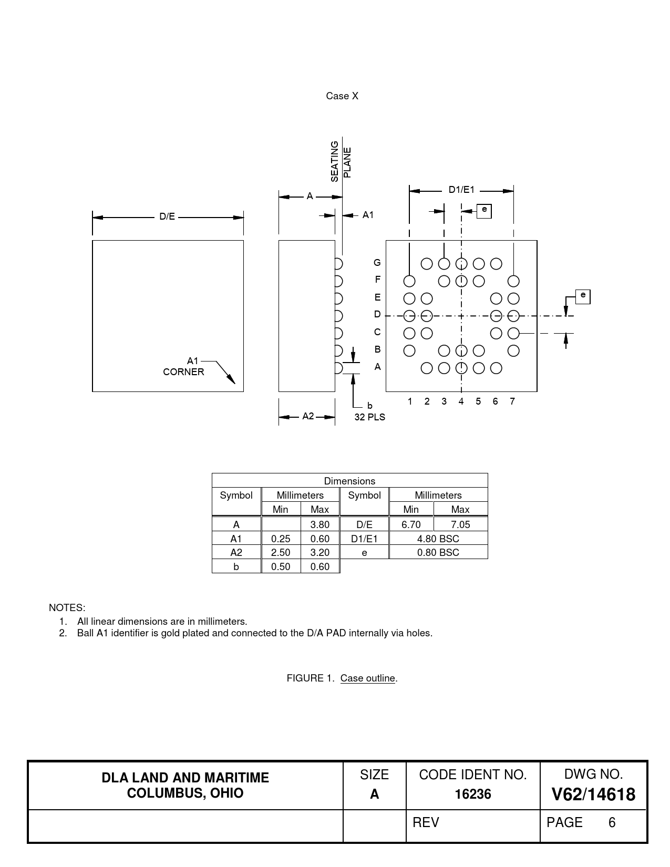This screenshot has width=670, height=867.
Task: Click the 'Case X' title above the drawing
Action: [342, 96]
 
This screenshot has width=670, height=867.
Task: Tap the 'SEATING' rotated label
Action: [335, 161]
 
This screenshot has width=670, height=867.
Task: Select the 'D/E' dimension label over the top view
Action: [167, 216]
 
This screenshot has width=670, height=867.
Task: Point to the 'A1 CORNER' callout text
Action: [184, 366]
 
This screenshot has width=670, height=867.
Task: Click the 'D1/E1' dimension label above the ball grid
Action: [461, 190]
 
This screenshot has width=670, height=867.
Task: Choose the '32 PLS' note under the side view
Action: [369, 417]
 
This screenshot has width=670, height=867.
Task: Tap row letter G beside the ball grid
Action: [377, 263]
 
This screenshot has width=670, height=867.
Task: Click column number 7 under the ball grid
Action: [512, 401]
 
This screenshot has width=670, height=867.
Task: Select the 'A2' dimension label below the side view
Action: [308, 416]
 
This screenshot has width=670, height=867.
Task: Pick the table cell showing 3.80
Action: [319, 524]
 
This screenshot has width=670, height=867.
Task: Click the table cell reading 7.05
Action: [460, 524]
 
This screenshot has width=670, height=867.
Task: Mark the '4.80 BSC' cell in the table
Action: [438, 539]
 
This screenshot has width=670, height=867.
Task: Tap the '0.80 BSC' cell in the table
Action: [438, 552]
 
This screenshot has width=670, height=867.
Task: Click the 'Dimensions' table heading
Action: [349, 481]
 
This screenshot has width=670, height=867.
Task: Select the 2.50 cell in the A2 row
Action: [281, 552]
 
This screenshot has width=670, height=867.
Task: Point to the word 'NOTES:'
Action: [67, 607]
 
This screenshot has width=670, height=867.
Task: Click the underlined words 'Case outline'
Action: [367, 678]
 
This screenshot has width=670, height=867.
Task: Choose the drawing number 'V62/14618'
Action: [593, 794]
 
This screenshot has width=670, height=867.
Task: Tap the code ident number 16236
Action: [473, 794]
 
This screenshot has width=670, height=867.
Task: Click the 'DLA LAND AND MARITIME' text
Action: [185, 778]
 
